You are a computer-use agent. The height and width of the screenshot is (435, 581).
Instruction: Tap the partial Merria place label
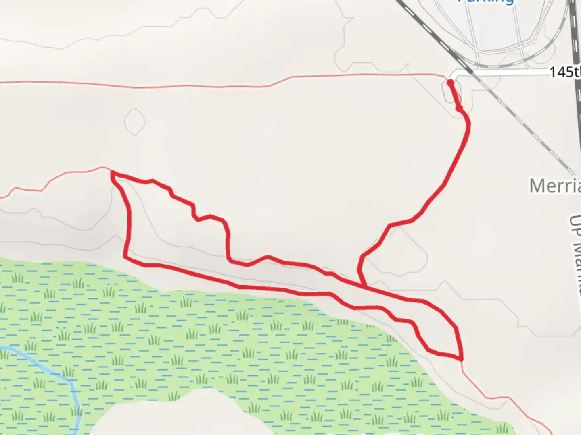coord(555,186)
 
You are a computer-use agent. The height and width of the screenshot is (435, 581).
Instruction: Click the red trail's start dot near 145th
coord(450,83)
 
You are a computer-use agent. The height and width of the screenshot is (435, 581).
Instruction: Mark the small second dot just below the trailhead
coord(458,108)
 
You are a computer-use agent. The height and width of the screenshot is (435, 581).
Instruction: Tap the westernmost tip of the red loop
coord(112,173)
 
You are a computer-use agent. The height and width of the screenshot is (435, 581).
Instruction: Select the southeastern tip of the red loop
coord(461,358)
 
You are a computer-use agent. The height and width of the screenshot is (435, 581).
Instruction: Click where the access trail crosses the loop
coord(364,286)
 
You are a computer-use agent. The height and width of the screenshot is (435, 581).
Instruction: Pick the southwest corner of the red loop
coord(125,256)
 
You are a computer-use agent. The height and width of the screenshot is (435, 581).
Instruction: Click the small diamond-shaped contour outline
coord(134,121)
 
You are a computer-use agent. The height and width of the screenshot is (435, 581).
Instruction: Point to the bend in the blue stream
coord(72,381)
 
